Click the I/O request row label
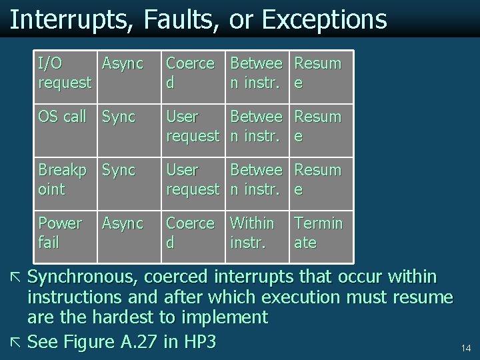coord(64,73)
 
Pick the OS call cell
coord(62,117)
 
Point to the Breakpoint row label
coord(61,179)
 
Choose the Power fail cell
coord(60,233)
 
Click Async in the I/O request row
coord(122,64)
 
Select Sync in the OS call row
coord(118,117)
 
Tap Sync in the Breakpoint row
coord(118,171)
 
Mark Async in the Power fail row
coord(122,223)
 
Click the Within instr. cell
coord(251,233)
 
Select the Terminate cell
coord(318,233)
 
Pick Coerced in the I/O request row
coord(189,73)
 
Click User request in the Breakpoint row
coord(192,179)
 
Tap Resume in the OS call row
coord(317,126)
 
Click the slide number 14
coord(465,348)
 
